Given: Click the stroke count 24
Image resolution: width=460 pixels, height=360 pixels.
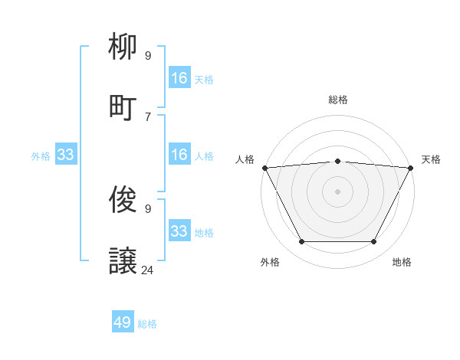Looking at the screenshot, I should (x=148, y=270).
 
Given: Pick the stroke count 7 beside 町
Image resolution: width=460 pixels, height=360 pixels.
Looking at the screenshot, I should (x=148, y=116).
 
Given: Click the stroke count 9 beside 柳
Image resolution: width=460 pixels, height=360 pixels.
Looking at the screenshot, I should (x=148, y=55).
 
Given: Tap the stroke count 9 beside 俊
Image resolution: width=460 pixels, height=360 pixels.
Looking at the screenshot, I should (x=148, y=208).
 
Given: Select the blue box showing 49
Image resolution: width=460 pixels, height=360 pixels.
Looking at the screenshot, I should (x=123, y=322).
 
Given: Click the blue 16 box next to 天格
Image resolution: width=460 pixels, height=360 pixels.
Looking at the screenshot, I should (x=179, y=78).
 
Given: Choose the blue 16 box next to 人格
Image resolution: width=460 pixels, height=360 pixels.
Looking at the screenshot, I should (x=179, y=155).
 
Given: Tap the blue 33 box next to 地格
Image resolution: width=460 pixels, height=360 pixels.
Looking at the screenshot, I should (x=179, y=231).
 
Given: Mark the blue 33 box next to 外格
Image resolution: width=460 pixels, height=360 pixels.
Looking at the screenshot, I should (x=66, y=155).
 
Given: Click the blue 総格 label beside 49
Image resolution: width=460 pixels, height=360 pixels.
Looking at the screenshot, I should (x=147, y=324).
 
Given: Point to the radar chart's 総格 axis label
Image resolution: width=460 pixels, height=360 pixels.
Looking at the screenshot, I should (x=337, y=100).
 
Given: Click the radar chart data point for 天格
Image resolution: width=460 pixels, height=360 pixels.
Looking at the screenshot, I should (x=411, y=167).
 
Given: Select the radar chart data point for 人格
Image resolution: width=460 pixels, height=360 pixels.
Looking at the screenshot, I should (x=264, y=167).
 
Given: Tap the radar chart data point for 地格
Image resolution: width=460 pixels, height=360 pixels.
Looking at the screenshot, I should (x=373, y=242).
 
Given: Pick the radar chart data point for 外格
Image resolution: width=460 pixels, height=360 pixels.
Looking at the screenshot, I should (x=301, y=242).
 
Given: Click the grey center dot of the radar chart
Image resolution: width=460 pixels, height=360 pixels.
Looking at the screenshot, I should (x=337, y=191).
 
